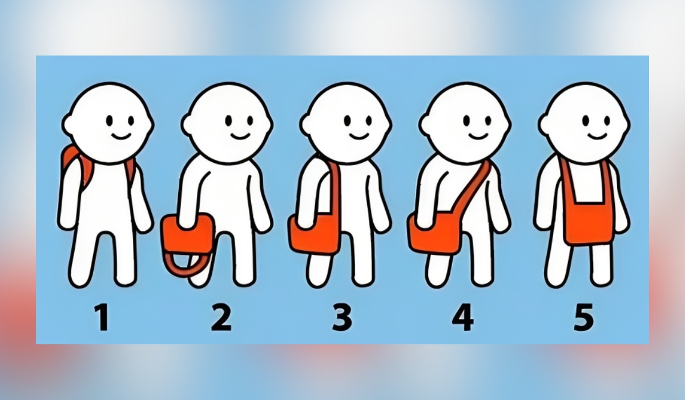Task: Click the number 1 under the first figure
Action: pyautogui.click(x=102, y=319)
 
